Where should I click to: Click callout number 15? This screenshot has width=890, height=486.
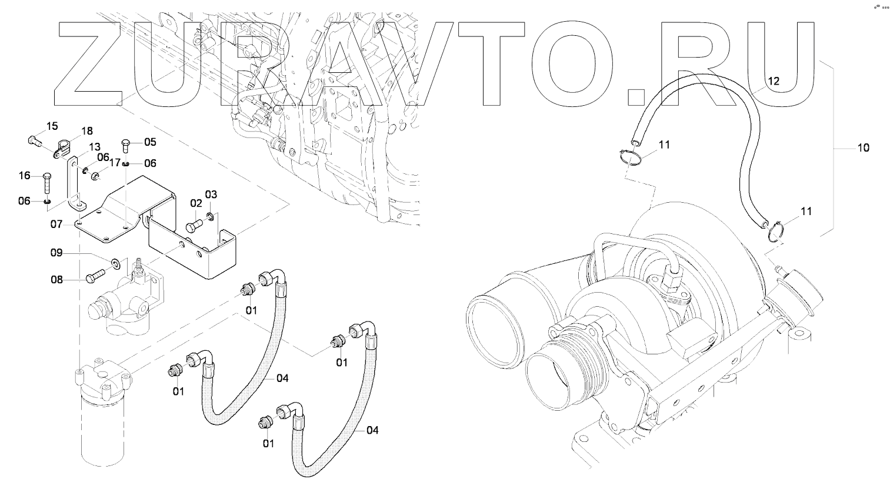coord(52,126)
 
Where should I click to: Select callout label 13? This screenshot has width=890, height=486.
coord(95,146)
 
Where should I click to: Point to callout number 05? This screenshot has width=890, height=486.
coord(150,142)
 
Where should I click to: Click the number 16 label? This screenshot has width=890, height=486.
coord(25,176)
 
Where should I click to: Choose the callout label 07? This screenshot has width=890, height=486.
coord(56,224)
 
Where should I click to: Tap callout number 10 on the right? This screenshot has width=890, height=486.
coord(862,148)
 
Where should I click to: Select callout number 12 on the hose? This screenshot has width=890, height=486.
coord(773,81)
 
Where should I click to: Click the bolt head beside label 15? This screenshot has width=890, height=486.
coord(33,140)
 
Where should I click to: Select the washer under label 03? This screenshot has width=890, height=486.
coord(210,222)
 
